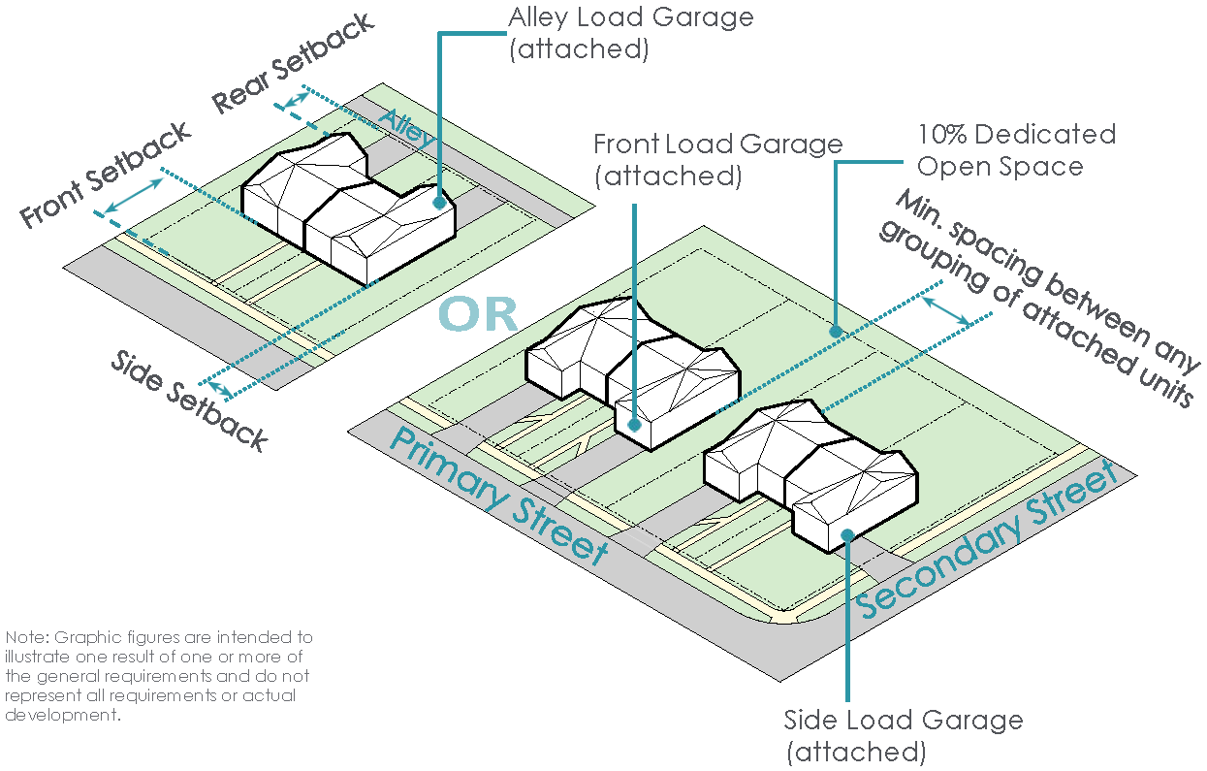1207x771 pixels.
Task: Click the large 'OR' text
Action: (478, 314)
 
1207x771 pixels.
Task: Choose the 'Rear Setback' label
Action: (293, 62)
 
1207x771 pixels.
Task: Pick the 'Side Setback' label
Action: (189, 401)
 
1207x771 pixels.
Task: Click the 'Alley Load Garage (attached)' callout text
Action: (630, 33)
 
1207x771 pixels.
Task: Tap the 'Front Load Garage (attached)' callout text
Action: (717, 160)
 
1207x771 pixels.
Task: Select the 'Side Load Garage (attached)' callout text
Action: (903, 735)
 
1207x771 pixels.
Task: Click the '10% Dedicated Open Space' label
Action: (1016, 149)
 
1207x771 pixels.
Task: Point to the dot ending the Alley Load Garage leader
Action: (440, 203)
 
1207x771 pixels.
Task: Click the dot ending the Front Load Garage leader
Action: (634, 424)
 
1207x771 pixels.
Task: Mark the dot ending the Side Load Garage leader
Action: (847, 533)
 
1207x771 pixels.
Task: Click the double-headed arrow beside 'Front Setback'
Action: (133, 195)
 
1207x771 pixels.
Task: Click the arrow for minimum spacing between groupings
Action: (947, 310)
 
